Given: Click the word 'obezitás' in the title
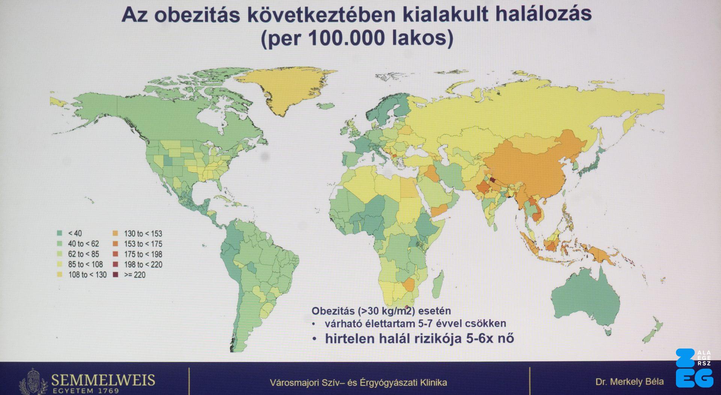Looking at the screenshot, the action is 197,15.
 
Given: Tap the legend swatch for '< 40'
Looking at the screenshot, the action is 59,233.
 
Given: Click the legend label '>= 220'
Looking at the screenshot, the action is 135,275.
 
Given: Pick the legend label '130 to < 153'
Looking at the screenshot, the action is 143,233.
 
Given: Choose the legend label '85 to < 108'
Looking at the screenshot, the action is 85,264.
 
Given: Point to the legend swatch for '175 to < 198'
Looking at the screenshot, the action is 115,254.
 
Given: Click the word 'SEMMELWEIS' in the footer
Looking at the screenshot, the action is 103,380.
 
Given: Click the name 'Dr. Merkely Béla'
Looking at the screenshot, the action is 629,382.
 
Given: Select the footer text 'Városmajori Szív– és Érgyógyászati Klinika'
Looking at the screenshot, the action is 358,383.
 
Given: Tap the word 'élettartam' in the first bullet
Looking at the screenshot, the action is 388,323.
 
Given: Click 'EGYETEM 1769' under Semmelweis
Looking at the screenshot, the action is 85,391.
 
